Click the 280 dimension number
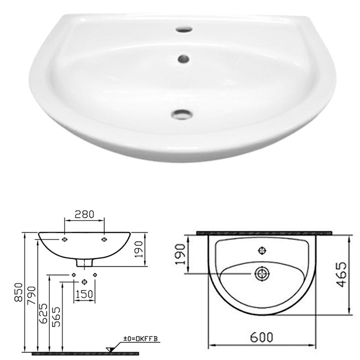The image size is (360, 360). click(85, 214)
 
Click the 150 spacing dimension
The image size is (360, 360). click(84, 294)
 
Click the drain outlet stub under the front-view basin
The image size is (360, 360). click(85, 262)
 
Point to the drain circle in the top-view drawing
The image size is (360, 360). click(261, 273)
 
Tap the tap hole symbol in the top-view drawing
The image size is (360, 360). click(261, 250)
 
